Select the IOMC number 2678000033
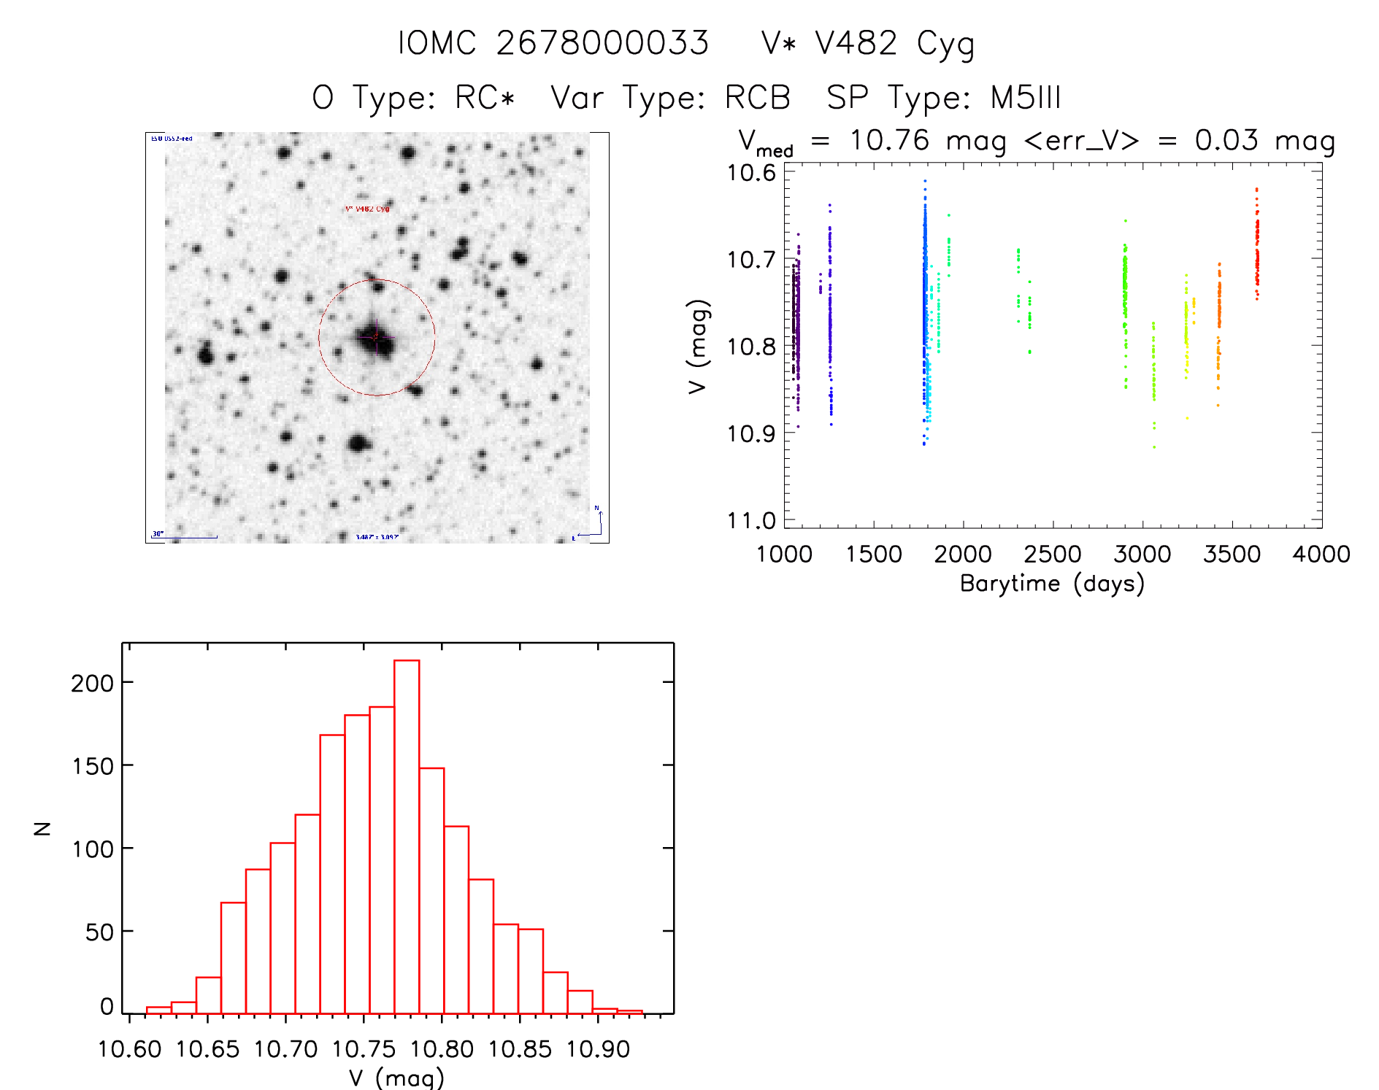(x=602, y=43)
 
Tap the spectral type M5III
(x=1025, y=98)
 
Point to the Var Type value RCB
(x=758, y=98)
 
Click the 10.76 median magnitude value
(x=889, y=140)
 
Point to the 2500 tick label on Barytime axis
(x=1053, y=554)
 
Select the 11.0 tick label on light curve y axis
(x=751, y=520)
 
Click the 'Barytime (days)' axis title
(x=1052, y=584)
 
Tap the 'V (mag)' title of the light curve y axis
(x=698, y=347)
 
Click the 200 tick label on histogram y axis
(x=93, y=683)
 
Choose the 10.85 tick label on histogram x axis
(x=520, y=1049)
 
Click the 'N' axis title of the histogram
(x=43, y=828)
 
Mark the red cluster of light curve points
(x=1257, y=248)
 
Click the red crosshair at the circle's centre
(x=376, y=336)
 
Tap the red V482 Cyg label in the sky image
(x=367, y=209)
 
